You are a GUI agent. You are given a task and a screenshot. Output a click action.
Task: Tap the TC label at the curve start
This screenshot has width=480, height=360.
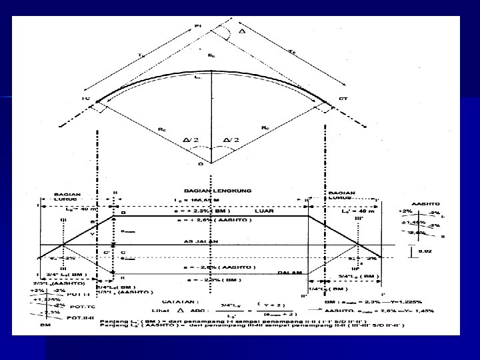pos(85,99)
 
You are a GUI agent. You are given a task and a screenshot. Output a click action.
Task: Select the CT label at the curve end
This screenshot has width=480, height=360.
pos(343,99)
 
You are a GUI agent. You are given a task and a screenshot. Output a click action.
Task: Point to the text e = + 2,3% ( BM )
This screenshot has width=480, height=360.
pos(201,210)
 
